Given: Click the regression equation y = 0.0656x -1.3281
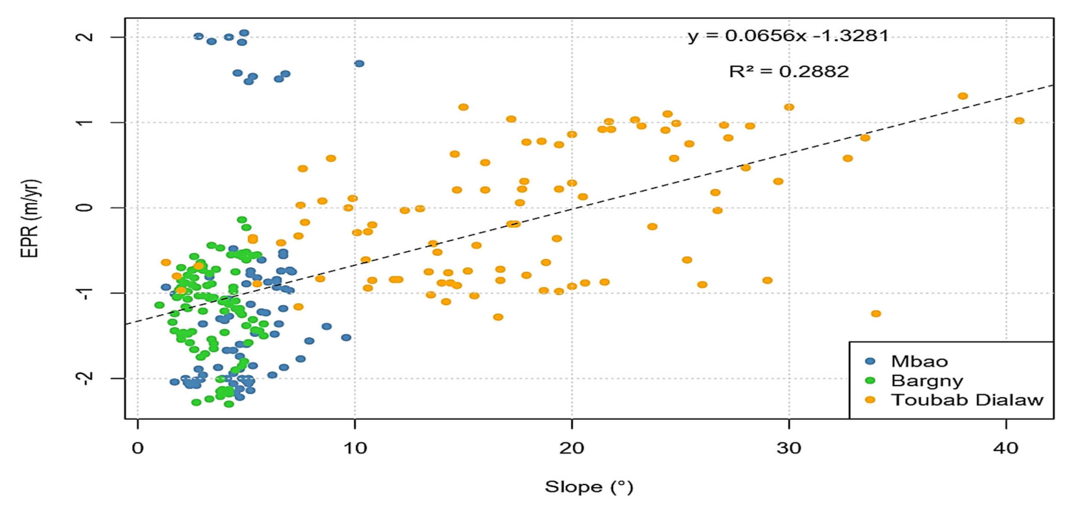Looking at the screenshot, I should [788, 36].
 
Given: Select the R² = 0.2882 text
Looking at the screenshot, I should [789, 72].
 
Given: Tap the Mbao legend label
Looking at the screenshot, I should [919, 361].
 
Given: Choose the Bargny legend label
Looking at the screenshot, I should [927, 380].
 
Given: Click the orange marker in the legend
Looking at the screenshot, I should [870, 400].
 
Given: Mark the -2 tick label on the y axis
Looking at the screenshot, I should [85, 378].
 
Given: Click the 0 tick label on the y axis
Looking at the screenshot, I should [85, 207].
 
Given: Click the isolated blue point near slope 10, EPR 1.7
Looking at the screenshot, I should [359, 63].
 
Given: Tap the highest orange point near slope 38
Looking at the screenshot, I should [963, 96].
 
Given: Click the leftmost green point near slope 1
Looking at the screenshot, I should [159, 305].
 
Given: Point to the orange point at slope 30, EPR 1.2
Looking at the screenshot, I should [789, 107].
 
